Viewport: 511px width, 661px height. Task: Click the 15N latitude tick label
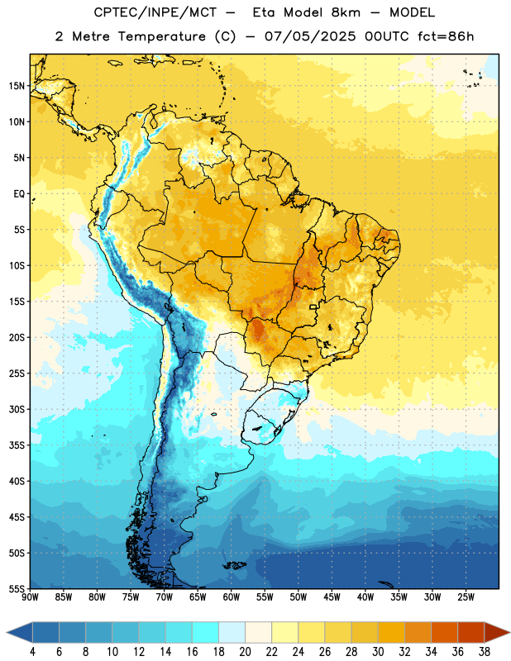[x=17, y=86]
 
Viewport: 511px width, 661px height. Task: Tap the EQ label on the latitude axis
[x=19, y=194]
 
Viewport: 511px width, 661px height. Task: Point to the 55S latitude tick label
[x=17, y=588]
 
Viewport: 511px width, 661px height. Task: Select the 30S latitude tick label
[x=17, y=409]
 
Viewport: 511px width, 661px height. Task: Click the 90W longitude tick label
[x=31, y=597]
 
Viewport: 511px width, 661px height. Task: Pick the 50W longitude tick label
[x=298, y=597]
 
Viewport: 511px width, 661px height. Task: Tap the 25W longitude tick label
[x=466, y=597]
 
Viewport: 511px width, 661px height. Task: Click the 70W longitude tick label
[x=165, y=597]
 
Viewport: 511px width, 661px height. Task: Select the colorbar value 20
[x=245, y=652]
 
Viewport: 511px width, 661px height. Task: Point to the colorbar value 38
[x=485, y=652]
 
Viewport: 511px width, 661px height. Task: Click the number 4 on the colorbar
[x=32, y=652]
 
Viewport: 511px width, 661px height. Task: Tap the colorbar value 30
[x=378, y=652]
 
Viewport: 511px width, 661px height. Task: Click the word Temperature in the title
[x=161, y=36]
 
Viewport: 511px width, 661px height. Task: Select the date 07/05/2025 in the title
[x=310, y=36]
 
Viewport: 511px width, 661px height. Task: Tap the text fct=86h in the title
[x=446, y=36]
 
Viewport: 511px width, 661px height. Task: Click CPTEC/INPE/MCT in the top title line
[x=155, y=12]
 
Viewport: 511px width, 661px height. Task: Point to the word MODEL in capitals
[x=412, y=12]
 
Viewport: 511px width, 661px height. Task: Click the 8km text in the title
[x=346, y=12]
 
